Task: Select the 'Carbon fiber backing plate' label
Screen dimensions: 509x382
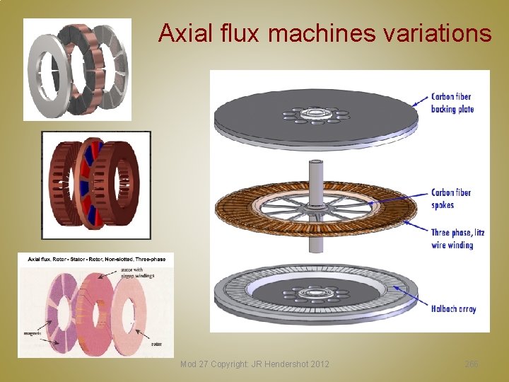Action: pyautogui.click(x=452, y=103)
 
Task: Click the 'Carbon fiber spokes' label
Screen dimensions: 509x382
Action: pyautogui.click(x=451, y=199)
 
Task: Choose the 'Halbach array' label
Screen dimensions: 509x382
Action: pyautogui.click(x=453, y=308)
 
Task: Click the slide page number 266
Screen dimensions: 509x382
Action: pyautogui.click(x=472, y=364)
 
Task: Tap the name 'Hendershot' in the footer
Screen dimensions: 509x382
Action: pyautogui.click(x=276, y=364)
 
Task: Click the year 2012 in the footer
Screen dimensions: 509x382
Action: pyautogui.click(x=318, y=364)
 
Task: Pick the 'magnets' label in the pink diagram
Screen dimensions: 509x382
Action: pyautogui.click(x=33, y=332)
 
